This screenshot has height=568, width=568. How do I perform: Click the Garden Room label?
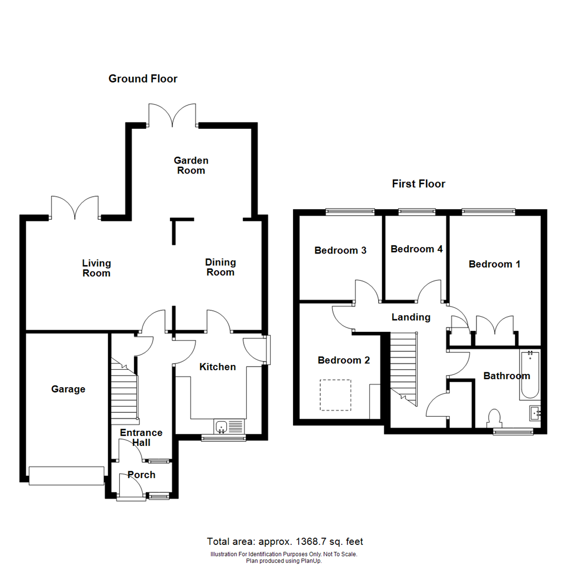[191, 165]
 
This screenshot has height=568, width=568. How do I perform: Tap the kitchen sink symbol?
[222, 426]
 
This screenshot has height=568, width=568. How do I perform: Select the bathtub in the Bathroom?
[530, 376]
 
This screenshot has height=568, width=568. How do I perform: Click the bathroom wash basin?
[534, 413]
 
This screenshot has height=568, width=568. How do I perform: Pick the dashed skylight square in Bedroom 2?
[336, 395]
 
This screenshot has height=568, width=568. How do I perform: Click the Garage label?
[68, 389]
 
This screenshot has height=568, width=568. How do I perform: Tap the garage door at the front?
[66, 476]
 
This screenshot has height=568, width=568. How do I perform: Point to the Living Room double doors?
[75, 208]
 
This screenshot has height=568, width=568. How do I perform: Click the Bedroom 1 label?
[494, 264]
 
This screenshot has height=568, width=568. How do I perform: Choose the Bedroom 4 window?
[417, 212]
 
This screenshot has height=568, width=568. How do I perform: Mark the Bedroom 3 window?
[350, 212]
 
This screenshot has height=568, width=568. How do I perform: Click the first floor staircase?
[403, 368]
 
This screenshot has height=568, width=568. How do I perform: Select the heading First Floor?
[418, 184]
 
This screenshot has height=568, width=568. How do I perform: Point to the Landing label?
[411, 317]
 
